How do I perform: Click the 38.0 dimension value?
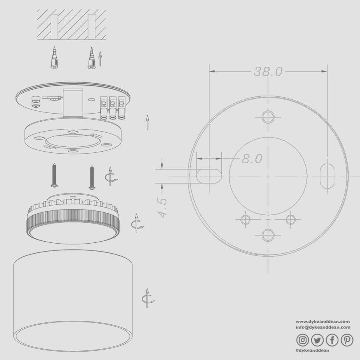[268, 72]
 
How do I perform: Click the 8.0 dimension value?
[252, 159]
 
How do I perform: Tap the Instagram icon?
[303, 340]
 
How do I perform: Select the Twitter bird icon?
[317, 340]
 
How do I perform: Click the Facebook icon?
[332, 340]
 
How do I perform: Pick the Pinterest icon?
[347, 340]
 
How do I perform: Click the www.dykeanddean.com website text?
[322, 321]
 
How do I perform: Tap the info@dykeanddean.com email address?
[322, 327]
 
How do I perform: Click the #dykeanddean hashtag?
[312, 350]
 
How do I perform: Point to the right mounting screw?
[92, 177]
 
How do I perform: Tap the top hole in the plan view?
[268, 117]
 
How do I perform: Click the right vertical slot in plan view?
[327, 175]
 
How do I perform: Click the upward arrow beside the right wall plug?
[100, 58]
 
